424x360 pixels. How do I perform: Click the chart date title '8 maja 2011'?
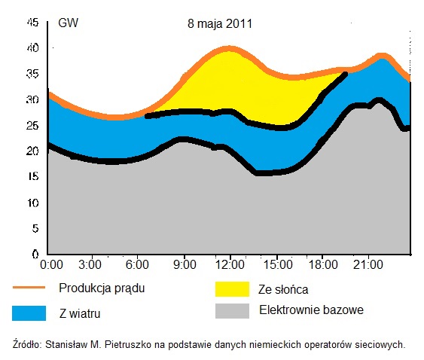click(x=220, y=23)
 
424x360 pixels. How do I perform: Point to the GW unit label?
click(x=68, y=23)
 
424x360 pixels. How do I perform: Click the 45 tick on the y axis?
click(x=32, y=23)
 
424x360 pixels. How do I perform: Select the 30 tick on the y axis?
click(x=32, y=99)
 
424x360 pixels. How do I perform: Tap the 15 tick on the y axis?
click(x=32, y=177)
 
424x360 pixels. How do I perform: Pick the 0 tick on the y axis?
click(x=35, y=255)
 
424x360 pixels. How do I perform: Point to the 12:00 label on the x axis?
click(x=230, y=265)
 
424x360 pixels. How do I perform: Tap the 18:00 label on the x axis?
click(x=322, y=265)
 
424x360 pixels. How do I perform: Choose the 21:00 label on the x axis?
click(x=368, y=265)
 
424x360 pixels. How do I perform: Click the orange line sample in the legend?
click(x=29, y=288)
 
